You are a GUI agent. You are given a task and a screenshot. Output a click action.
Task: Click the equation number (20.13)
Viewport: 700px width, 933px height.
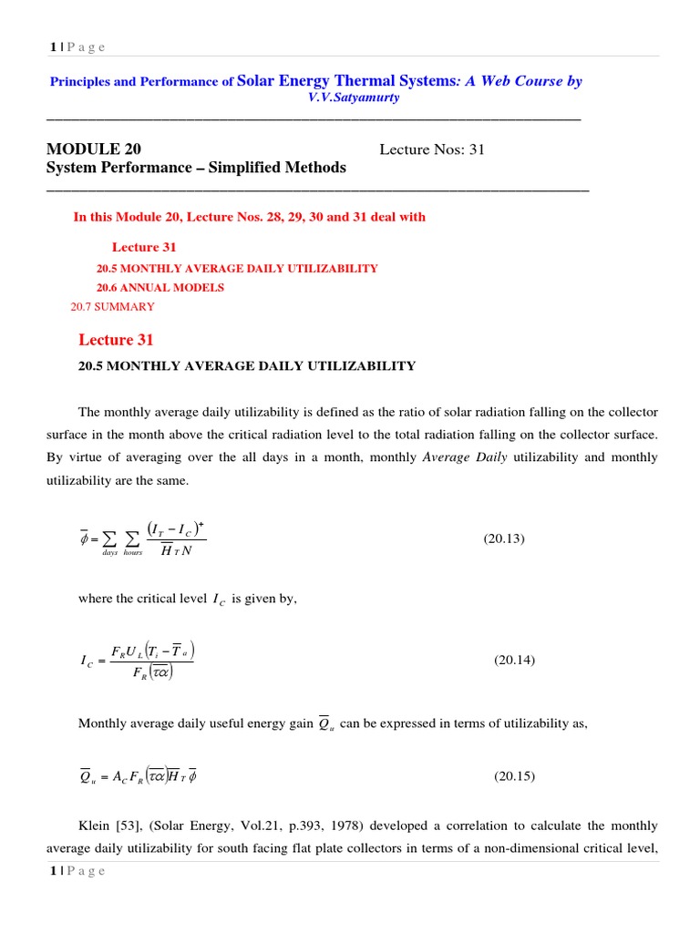(x=504, y=538)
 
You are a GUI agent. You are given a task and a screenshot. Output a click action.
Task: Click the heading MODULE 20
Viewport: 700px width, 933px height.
(x=93, y=149)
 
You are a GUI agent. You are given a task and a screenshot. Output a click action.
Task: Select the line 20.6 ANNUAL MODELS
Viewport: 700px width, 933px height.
(x=160, y=287)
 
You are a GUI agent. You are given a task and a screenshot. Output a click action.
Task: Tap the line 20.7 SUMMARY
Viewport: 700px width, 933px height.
(x=112, y=306)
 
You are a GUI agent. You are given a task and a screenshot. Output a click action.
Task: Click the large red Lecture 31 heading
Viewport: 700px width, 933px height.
(x=116, y=340)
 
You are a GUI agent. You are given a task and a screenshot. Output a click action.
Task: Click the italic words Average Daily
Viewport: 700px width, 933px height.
(x=466, y=457)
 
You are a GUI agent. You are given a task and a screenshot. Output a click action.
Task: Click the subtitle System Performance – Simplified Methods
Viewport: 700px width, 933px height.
(x=196, y=168)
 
